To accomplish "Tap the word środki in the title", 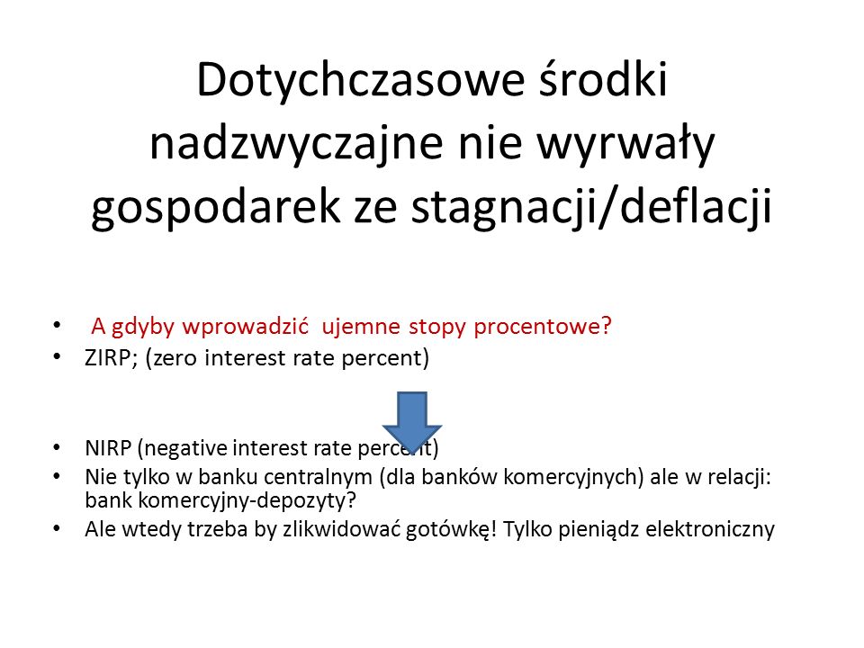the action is pyautogui.click(x=603, y=79).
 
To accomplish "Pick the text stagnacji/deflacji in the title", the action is pyautogui.click(x=591, y=208).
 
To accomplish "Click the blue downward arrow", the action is pyautogui.click(x=412, y=421).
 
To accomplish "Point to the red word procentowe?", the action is pyautogui.click(x=543, y=327).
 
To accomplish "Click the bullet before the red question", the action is pyautogui.click(x=57, y=325).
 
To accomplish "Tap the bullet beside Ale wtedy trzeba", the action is pyautogui.click(x=57, y=528).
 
